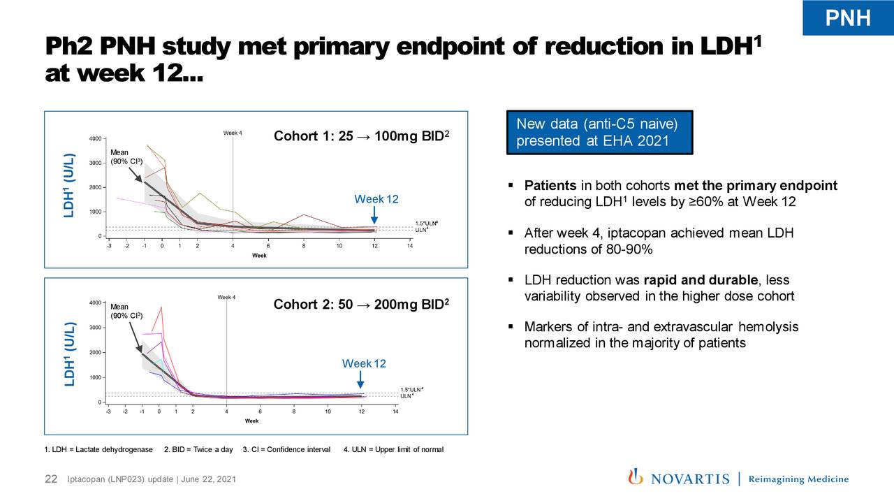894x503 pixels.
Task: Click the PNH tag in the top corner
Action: [848, 17]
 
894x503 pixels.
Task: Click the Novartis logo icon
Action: [636, 477]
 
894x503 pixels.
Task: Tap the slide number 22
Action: [51, 479]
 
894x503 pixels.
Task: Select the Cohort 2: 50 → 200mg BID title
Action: [360, 305]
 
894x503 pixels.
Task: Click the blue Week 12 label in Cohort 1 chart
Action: [376, 199]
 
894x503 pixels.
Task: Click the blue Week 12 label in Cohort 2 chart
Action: [363, 364]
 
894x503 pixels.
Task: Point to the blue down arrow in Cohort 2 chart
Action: [360, 379]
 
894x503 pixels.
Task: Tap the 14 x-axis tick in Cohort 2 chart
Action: [395, 411]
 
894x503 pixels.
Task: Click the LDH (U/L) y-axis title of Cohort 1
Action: [68, 185]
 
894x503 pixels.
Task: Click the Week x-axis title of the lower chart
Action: [251, 421]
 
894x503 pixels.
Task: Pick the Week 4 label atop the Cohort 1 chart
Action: [233, 133]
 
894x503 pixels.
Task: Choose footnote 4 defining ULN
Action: [393, 449]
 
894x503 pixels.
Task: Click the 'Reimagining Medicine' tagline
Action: [798, 479]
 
